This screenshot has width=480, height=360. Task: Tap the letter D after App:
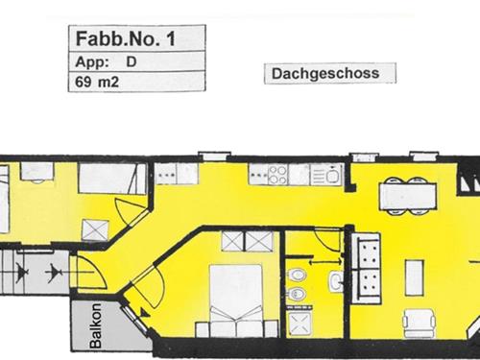pos(131,62)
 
